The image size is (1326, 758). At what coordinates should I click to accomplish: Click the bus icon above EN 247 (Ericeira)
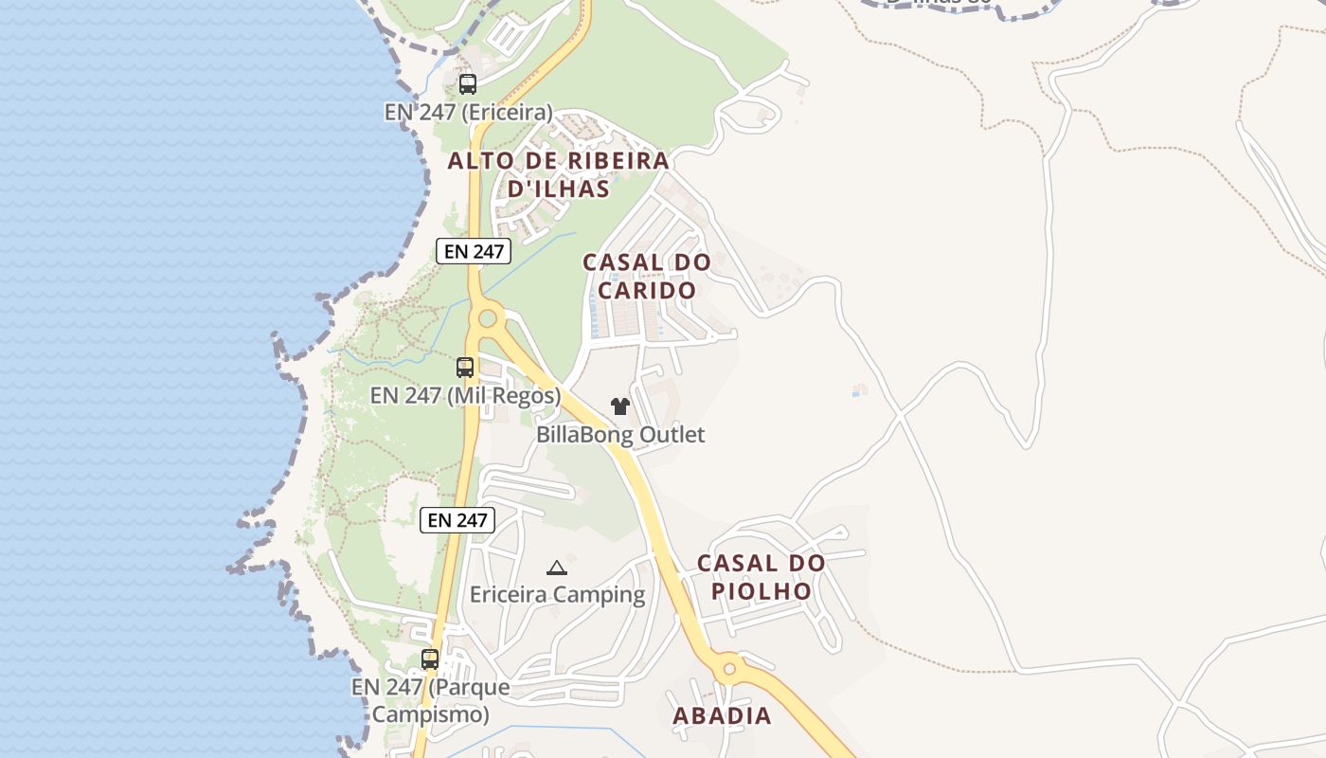(468, 84)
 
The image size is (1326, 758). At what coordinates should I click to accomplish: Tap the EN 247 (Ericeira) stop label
(468, 112)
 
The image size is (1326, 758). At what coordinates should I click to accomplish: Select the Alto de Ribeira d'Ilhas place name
(559, 174)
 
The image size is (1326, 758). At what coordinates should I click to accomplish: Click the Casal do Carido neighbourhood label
(647, 276)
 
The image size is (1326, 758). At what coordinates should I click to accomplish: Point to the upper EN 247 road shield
(474, 251)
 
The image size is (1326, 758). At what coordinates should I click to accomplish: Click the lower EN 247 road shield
(457, 519)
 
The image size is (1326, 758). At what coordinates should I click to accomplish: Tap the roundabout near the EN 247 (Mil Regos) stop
(488, 318)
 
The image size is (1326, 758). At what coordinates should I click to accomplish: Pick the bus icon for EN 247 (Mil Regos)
(465, 368)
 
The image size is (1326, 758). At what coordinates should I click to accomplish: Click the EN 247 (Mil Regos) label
(465, 395)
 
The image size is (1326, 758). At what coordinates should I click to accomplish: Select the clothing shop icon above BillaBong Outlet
(620, 406)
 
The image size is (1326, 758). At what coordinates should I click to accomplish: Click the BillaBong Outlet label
(620, 435)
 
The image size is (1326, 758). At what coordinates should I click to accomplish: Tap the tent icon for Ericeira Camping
(557, 568)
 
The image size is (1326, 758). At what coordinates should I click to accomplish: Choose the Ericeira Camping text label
(557, 595)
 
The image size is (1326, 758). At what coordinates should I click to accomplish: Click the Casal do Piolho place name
(762, 577)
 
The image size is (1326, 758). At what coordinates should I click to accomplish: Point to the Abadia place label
(722, 716)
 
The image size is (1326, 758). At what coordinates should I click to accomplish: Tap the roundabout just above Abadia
(729, 669)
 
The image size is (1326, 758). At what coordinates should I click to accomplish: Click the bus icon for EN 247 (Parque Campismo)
(430, 659)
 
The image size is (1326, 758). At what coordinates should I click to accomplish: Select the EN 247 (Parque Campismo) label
(430, 700)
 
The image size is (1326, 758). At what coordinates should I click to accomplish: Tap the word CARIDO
(647, 290)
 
